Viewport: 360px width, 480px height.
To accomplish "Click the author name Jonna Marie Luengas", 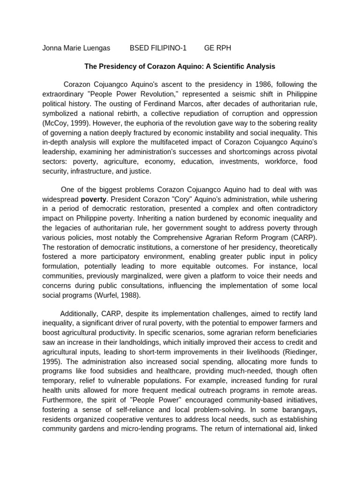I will [x=76, y=48].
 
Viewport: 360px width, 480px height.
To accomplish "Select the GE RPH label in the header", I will [x=217, y=48].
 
